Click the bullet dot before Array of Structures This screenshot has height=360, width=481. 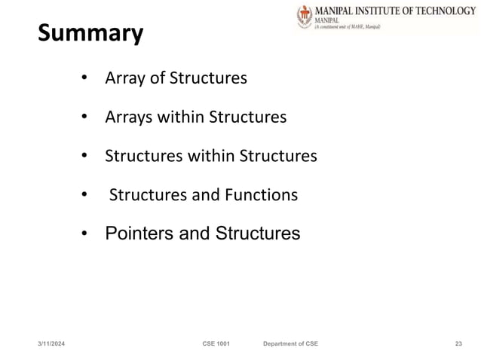click(x=86, y=78)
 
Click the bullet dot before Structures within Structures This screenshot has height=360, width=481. click(x=86, y=156)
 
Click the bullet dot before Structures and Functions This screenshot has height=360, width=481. click(x=86, y=195)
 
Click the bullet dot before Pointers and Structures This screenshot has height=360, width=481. click(x=86, y=233)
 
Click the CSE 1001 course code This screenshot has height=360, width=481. click(x=216, y=343)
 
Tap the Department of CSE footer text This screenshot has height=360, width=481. click(x=290, y=343)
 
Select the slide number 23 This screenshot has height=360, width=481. click(x=458, y=343)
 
